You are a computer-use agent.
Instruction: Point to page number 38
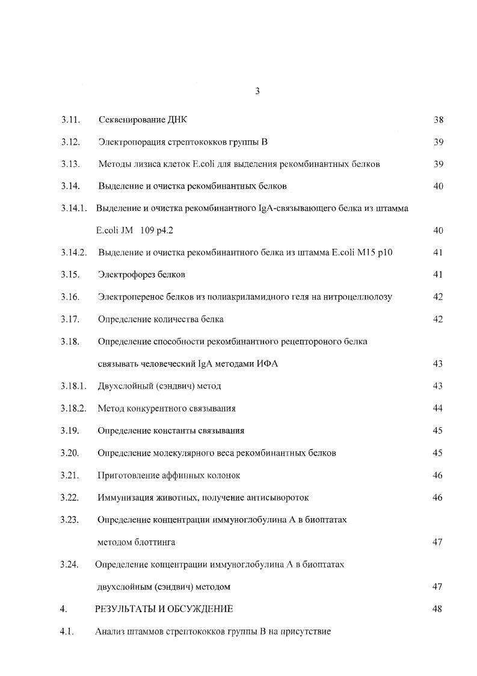[x=438, y=120]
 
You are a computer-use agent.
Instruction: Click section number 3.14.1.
[x=73, y=208]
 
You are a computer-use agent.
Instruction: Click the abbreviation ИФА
[x=268, y=364]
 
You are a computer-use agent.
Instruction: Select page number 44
[x=438, y=408]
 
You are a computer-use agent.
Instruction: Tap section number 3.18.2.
[x=73, y=408]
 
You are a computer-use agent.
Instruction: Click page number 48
[x=438, y=609]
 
